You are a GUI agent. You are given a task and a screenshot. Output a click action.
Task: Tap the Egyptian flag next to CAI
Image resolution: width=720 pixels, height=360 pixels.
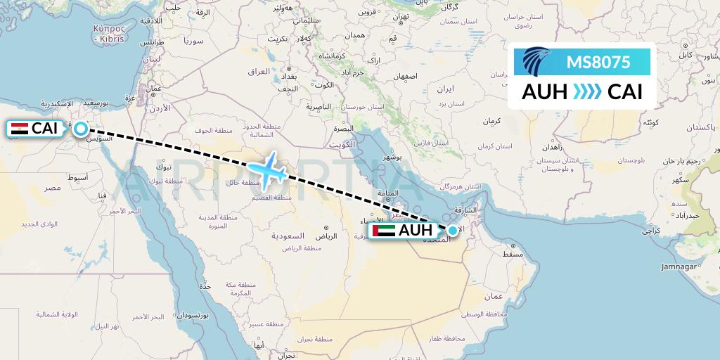pyautogui.click(x=20, y=129)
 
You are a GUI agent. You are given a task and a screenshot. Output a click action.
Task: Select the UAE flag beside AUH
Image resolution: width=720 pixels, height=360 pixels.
pyautogui.click(x=384, y=231)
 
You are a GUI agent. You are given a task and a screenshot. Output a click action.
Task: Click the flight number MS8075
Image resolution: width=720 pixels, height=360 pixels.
pyautogui.click(x=598, y=63)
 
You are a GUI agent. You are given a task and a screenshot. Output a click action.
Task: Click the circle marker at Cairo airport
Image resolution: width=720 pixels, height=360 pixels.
pyautogui.click(x=81, y=129)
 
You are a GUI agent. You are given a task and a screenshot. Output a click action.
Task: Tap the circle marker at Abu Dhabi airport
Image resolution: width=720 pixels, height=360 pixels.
pyautogui.click(x=453, y=230)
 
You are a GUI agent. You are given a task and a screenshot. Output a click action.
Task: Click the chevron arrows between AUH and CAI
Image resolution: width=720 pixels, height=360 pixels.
pyautogui.click(x=582, y=92)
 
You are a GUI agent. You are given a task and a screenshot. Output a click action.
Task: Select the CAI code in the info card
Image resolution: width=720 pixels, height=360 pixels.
pyautogui.click(x=624, y=92)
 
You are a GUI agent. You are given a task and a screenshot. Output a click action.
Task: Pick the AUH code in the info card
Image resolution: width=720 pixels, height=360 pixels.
pyautogui.click(x=545, y=92)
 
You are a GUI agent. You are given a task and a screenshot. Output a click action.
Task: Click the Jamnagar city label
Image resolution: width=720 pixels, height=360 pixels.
pyautogui.click(x=679, y=267)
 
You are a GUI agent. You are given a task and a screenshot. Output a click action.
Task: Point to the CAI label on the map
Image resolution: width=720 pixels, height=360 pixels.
pyautogui.click(x=45, y=129)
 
